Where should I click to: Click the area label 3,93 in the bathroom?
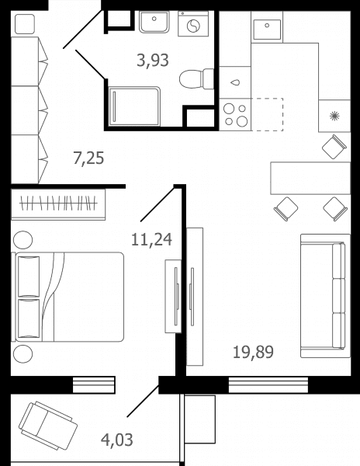point(153,61)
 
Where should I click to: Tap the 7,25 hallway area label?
point(88,158)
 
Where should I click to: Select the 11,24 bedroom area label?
point(151,239)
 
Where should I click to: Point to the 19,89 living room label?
point(253,352)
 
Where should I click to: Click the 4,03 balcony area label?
point(117,440)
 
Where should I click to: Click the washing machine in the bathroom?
point(193,24)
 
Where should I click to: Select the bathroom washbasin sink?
point(154,22)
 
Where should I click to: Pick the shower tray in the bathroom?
point(134,106)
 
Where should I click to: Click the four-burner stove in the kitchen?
point(235,114)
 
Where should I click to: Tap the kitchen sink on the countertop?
point(267,30)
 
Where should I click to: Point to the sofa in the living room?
point(325,296)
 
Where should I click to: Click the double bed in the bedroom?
point(67,297)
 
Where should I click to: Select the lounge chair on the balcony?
point(48,426)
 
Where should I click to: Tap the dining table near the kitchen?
point(310,178)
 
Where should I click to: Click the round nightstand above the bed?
point(23,240)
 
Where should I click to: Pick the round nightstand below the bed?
point(23,354)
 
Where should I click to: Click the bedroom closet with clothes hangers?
point(58,204)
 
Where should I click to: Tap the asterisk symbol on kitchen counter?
point(334,116)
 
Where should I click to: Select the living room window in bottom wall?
point(268,385)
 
